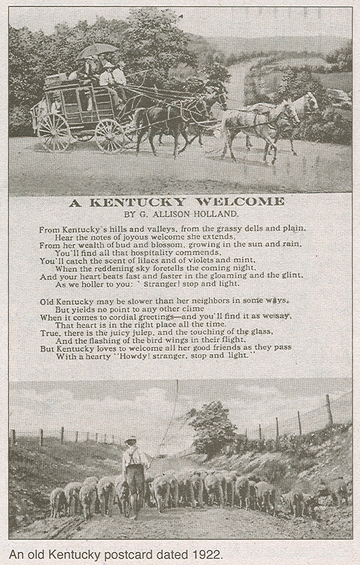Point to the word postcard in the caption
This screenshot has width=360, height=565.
[130, 554]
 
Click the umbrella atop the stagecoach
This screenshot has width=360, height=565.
[98, 49]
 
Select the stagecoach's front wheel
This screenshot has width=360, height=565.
[109, 136]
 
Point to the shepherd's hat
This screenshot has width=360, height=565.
[131, 439]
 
